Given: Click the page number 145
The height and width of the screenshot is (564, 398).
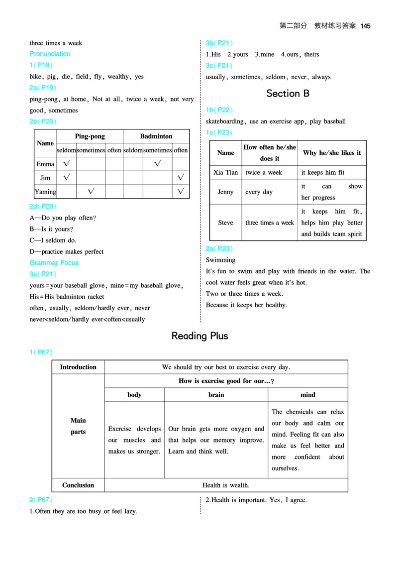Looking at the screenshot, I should pos(366,26).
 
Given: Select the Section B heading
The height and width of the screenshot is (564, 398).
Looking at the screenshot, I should pos(288,94).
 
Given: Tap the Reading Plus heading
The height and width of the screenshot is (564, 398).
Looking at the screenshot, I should pos(199,336).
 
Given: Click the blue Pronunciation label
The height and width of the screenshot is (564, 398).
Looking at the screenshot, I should pos(50,54).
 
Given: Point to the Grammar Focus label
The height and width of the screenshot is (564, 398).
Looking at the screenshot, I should pos(54,262).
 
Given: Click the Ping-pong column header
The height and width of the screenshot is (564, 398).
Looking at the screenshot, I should pos(90,136).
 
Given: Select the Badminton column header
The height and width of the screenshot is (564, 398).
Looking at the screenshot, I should pos(156,136).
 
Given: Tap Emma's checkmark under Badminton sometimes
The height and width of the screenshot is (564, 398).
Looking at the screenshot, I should pos(157,163).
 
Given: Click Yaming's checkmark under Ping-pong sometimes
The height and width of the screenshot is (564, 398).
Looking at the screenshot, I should pos(91,191).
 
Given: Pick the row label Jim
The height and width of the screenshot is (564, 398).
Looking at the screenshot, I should pos(45,177).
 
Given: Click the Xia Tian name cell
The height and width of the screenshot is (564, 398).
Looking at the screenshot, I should pos(225,172).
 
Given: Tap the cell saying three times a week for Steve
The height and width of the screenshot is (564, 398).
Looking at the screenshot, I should pos(270,223).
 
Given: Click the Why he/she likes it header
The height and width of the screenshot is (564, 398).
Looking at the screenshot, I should pos(332,153).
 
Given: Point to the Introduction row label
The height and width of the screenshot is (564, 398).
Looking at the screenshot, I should pos(78,367).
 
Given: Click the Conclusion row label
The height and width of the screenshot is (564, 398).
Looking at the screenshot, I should pos(78,485).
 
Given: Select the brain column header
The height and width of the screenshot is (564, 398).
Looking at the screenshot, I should pos(216,395).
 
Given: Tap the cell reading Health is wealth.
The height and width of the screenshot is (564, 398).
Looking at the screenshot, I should pos(226,485).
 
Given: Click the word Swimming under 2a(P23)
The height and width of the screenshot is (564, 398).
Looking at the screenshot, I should pos(220,260).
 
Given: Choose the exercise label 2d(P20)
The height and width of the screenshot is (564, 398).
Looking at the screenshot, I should pos(43,206).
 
